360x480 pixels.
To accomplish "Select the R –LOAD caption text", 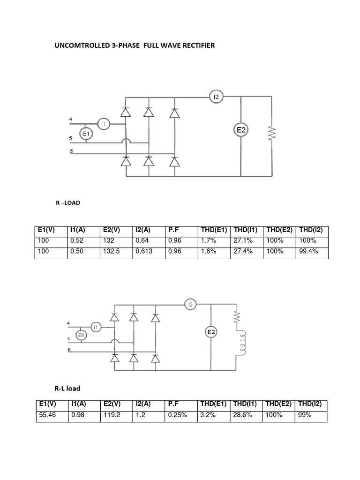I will click(68, 204).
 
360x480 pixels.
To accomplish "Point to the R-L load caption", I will click(67, 389).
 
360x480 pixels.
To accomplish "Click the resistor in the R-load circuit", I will click(271, 133).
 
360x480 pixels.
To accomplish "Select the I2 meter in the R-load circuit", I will click(216, 97).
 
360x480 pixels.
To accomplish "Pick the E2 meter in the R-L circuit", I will click(211, 332).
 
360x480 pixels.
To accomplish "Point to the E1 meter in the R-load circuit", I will click(86, 135).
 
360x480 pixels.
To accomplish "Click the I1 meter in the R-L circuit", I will click(96, 327).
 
